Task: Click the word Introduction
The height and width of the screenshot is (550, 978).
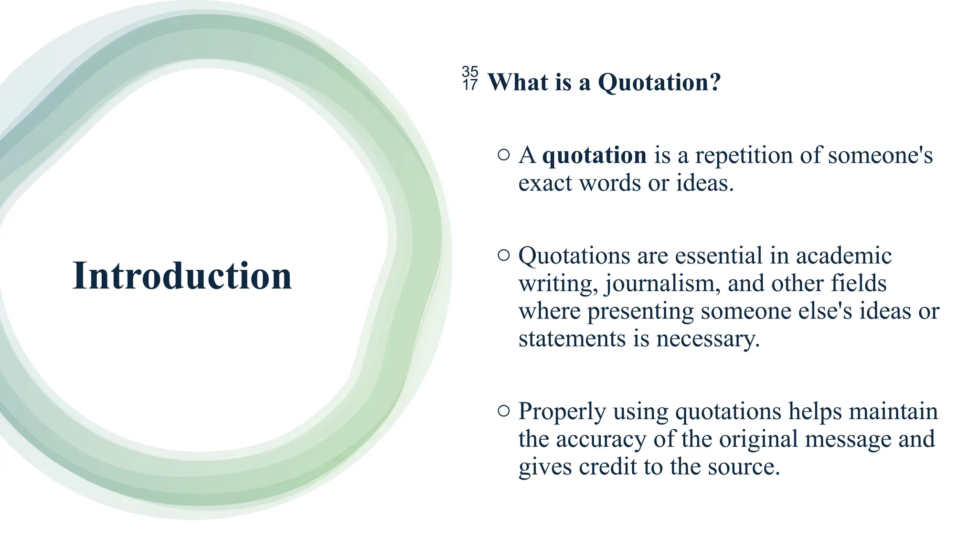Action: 182,276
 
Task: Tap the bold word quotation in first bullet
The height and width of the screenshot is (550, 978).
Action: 595,155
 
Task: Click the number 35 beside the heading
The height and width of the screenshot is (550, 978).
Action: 470,72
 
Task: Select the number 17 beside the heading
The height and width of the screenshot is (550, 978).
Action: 470,85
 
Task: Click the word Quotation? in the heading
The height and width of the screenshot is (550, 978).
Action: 659,82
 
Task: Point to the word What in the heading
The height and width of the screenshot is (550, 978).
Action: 518,82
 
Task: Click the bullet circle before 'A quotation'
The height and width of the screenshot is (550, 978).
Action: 503,155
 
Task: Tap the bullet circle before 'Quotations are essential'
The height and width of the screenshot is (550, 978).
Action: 503,255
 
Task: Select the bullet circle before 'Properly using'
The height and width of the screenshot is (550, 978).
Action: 503,411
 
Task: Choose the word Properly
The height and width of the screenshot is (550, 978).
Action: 562,412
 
